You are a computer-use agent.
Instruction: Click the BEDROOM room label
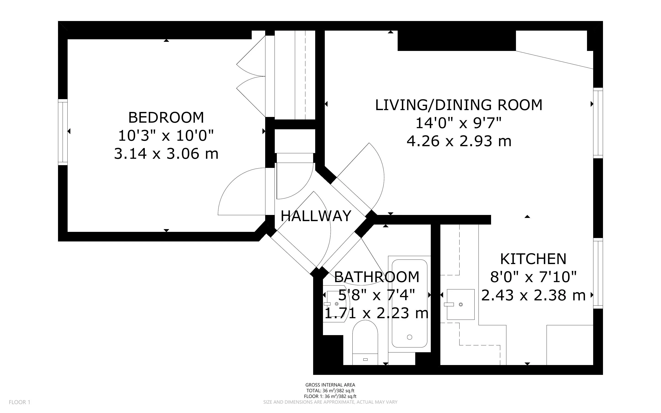[x=166, y=118]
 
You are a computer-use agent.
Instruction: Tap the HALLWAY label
[x=316, y=216]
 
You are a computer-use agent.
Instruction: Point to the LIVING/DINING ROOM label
[x=459, y=105]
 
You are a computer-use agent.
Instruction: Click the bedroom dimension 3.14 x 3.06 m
[x=166, y=154]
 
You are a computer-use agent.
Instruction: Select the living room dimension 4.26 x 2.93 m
[x=459, y=141]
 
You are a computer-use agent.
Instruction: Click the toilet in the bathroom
[x=365, y=344]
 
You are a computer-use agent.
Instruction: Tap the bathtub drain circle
[x=409, y=337]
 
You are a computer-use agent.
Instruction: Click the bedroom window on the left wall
[x=63, y=132]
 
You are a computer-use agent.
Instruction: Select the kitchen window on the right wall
[x=598, y=273]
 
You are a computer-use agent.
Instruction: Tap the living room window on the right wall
[x=598, y=123]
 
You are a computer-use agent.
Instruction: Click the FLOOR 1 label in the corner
[x=19, y=402]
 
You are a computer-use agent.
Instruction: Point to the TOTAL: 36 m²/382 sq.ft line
[x=330, y=391]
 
